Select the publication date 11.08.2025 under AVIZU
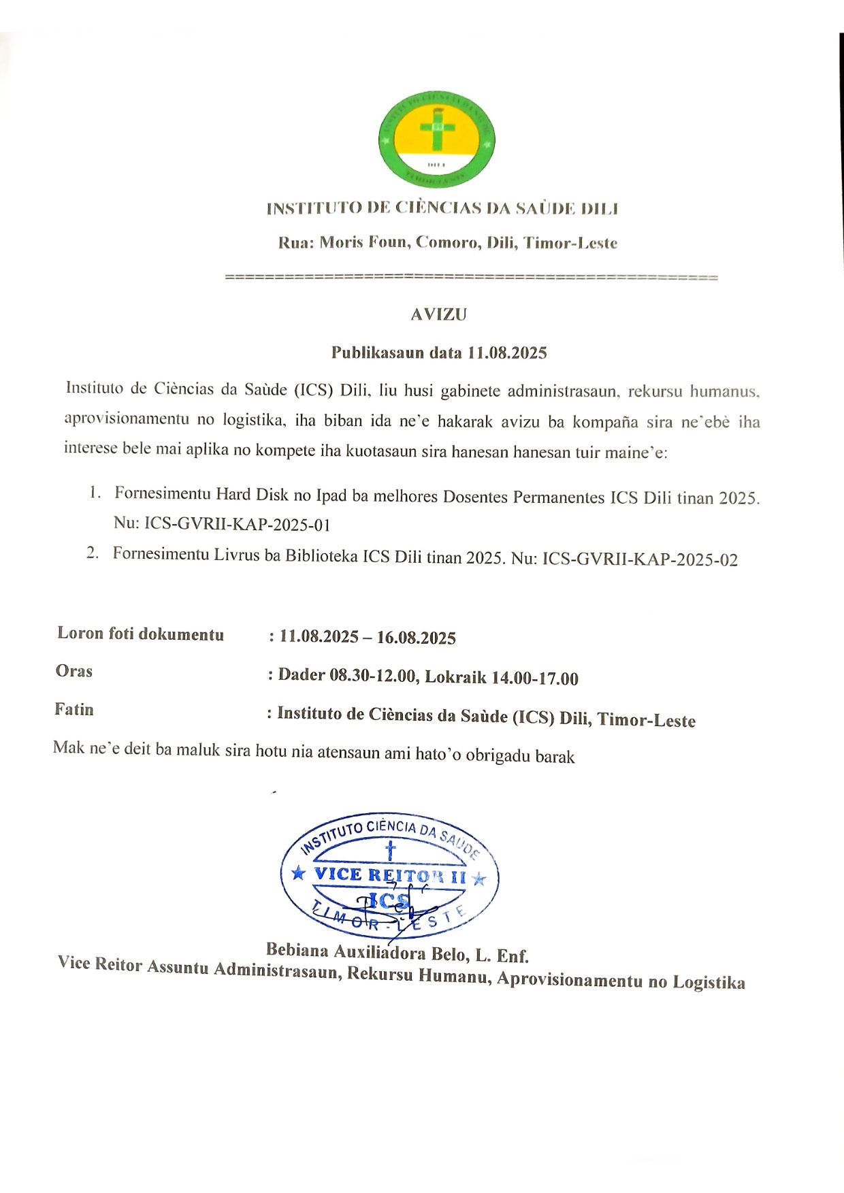[506, 353]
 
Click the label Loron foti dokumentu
[141, 634]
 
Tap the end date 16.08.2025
[417, 638]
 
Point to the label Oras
[74, 671]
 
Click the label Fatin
[74, 709]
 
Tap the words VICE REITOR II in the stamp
[390, 875]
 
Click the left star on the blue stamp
[298, 873]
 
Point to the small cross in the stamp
[390, 850]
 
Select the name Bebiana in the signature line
[297, 949]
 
